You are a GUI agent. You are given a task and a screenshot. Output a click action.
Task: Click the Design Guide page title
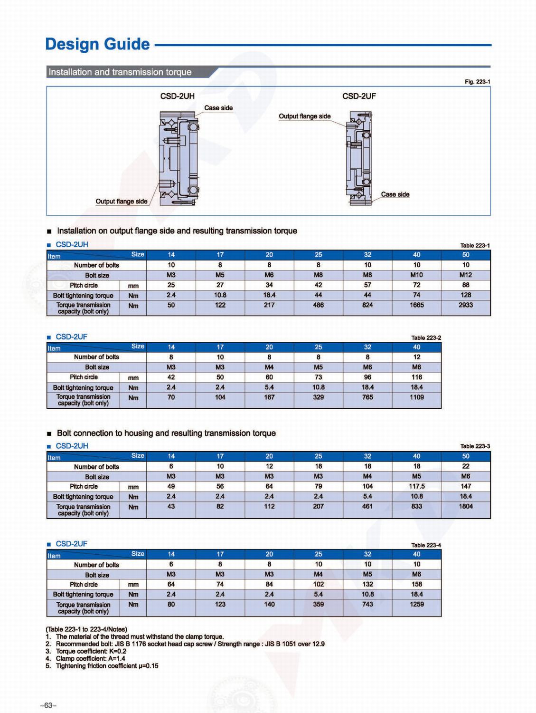pyautogui.click(x=97, y=44)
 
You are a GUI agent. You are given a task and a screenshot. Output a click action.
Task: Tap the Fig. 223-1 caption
pyautogui.click(x=477, y=82)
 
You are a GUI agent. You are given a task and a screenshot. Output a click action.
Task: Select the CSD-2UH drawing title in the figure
pyautogui.click(x=177, y=96)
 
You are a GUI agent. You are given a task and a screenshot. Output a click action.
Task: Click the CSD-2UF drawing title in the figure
pyautogui.click(x=359, y=96)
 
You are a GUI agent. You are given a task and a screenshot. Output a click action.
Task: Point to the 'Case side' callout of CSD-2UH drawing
pyautogui.click(x=218, y=108)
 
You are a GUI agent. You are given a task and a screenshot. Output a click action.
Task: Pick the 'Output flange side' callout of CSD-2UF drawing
pyautogui.click(x=304, y=116)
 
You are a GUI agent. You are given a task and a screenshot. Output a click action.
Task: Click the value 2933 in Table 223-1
pyautogui.click(x=465, y=305)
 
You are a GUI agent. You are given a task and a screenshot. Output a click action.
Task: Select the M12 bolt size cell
pyautogui.click(x=465, y=275)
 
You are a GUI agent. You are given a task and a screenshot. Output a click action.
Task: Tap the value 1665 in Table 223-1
pyautogui.click(x=416, y=305)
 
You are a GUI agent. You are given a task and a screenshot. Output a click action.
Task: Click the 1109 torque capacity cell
pyautogui.click(x=416, y=397)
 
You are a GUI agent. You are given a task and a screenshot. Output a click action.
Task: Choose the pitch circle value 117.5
pyautogui.click(x=416, y=486)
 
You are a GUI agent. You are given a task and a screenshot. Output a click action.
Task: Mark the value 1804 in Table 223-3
pyautogui.click(x=465, y=506)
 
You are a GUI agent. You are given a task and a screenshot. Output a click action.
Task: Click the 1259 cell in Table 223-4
pyautogui.click(x=416, y=604)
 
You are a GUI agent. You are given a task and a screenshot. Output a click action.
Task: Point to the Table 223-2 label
pyautogui.click(x=426, y=337)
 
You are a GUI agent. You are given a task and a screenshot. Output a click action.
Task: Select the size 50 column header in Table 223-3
pyautogui.click(x=465, y=456)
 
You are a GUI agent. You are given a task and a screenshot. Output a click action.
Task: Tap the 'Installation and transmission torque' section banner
pyautogui.click(x=120, y=72)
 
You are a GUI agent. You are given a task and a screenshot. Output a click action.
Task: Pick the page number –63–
pyautogui.click(x=48, y=705)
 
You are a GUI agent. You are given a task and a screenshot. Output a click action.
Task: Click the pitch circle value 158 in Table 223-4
pyautogui.click(x=416, y=584)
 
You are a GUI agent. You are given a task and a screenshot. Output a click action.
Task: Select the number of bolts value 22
pyautogui.click(x=465, y=466)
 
